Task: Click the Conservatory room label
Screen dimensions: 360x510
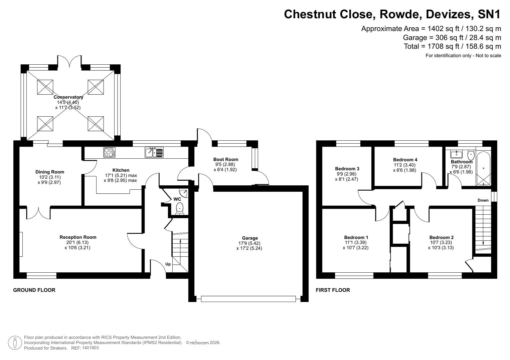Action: pos(68,97)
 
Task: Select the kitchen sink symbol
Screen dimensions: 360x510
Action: pos(154,152)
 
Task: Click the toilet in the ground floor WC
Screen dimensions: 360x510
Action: pos(180,208)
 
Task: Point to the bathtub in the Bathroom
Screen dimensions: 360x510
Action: pos(483,169)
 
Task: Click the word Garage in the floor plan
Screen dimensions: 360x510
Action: pos(250,238)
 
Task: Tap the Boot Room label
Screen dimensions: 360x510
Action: pos(226,159)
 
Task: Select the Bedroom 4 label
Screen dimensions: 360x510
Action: pos(405,160)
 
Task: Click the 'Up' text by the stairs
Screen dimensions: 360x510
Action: pos(168,264)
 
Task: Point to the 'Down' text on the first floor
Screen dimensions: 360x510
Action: pos(483,200)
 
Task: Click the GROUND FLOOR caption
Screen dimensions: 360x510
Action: pos(34,290)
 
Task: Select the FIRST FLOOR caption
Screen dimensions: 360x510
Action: pos(333,290)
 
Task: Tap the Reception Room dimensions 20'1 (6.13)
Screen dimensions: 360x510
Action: pos(78,243)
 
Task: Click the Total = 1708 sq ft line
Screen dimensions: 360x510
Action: pos(452,46)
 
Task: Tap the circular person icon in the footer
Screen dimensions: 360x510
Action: pos(15,343)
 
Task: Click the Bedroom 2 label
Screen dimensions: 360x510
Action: pos(441,237)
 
